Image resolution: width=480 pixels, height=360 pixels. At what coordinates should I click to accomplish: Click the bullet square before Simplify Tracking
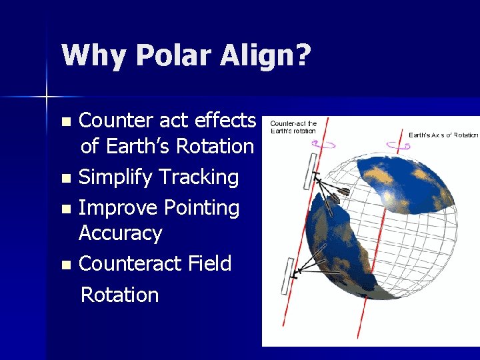pyautogui.click(x=65, y=179)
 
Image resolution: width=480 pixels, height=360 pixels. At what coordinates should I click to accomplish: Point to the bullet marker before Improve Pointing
pyautogui.click(x=65, y=209)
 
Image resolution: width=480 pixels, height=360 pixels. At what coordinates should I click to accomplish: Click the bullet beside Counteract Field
pyautogui.click(x=65, y=265)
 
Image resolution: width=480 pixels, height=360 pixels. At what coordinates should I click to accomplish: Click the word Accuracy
pyautogui.click(x=120, y=233)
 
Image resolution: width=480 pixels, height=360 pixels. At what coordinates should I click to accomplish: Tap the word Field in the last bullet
pyautogui.click(x=209, y=263)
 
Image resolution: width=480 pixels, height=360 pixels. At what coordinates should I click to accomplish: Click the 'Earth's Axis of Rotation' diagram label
pyautogui.click(x=443, y=135)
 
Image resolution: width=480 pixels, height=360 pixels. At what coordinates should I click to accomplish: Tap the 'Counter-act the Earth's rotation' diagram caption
pyautogui.click(x=293, y=127)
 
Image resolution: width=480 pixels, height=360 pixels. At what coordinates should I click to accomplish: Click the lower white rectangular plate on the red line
pyautogui.click(x=288, y=276)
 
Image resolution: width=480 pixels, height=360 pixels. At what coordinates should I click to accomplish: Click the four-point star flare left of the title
pyautogui.click(x=47, y=97)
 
